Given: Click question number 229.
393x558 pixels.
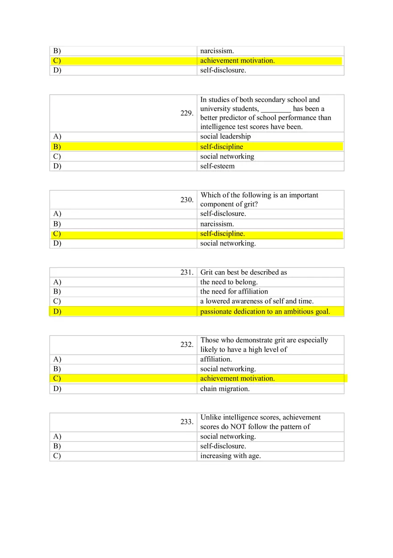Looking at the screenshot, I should pos(187,114).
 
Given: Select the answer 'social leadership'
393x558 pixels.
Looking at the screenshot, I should pos(225,136).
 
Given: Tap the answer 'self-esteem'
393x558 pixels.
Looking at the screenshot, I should pos(217,166).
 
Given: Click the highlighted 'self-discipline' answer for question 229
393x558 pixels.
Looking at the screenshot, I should pos(222,147).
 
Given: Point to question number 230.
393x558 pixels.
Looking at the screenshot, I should pos(187,200).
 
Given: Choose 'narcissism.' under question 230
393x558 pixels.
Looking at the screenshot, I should pos(217,224).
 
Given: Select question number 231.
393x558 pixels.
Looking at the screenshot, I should pos(187,273).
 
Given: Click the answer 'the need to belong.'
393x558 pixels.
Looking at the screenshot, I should pos(229,282).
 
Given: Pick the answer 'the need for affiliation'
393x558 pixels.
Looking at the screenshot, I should pos(234,291).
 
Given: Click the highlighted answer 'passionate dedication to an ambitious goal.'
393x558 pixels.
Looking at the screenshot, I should pos(265,311).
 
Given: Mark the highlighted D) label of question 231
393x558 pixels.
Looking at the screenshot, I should pos(57,311).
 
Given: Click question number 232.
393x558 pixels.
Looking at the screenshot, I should pos(187,345).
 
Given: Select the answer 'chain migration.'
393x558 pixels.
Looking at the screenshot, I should pos(225,388).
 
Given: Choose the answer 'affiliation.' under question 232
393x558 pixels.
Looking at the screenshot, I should pos(216,359).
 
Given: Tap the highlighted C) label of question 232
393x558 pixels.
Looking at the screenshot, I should pos(57,379).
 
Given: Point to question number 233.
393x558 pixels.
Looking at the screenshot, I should pos(187,422).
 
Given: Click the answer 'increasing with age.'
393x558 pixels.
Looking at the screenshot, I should pos(230,456).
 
